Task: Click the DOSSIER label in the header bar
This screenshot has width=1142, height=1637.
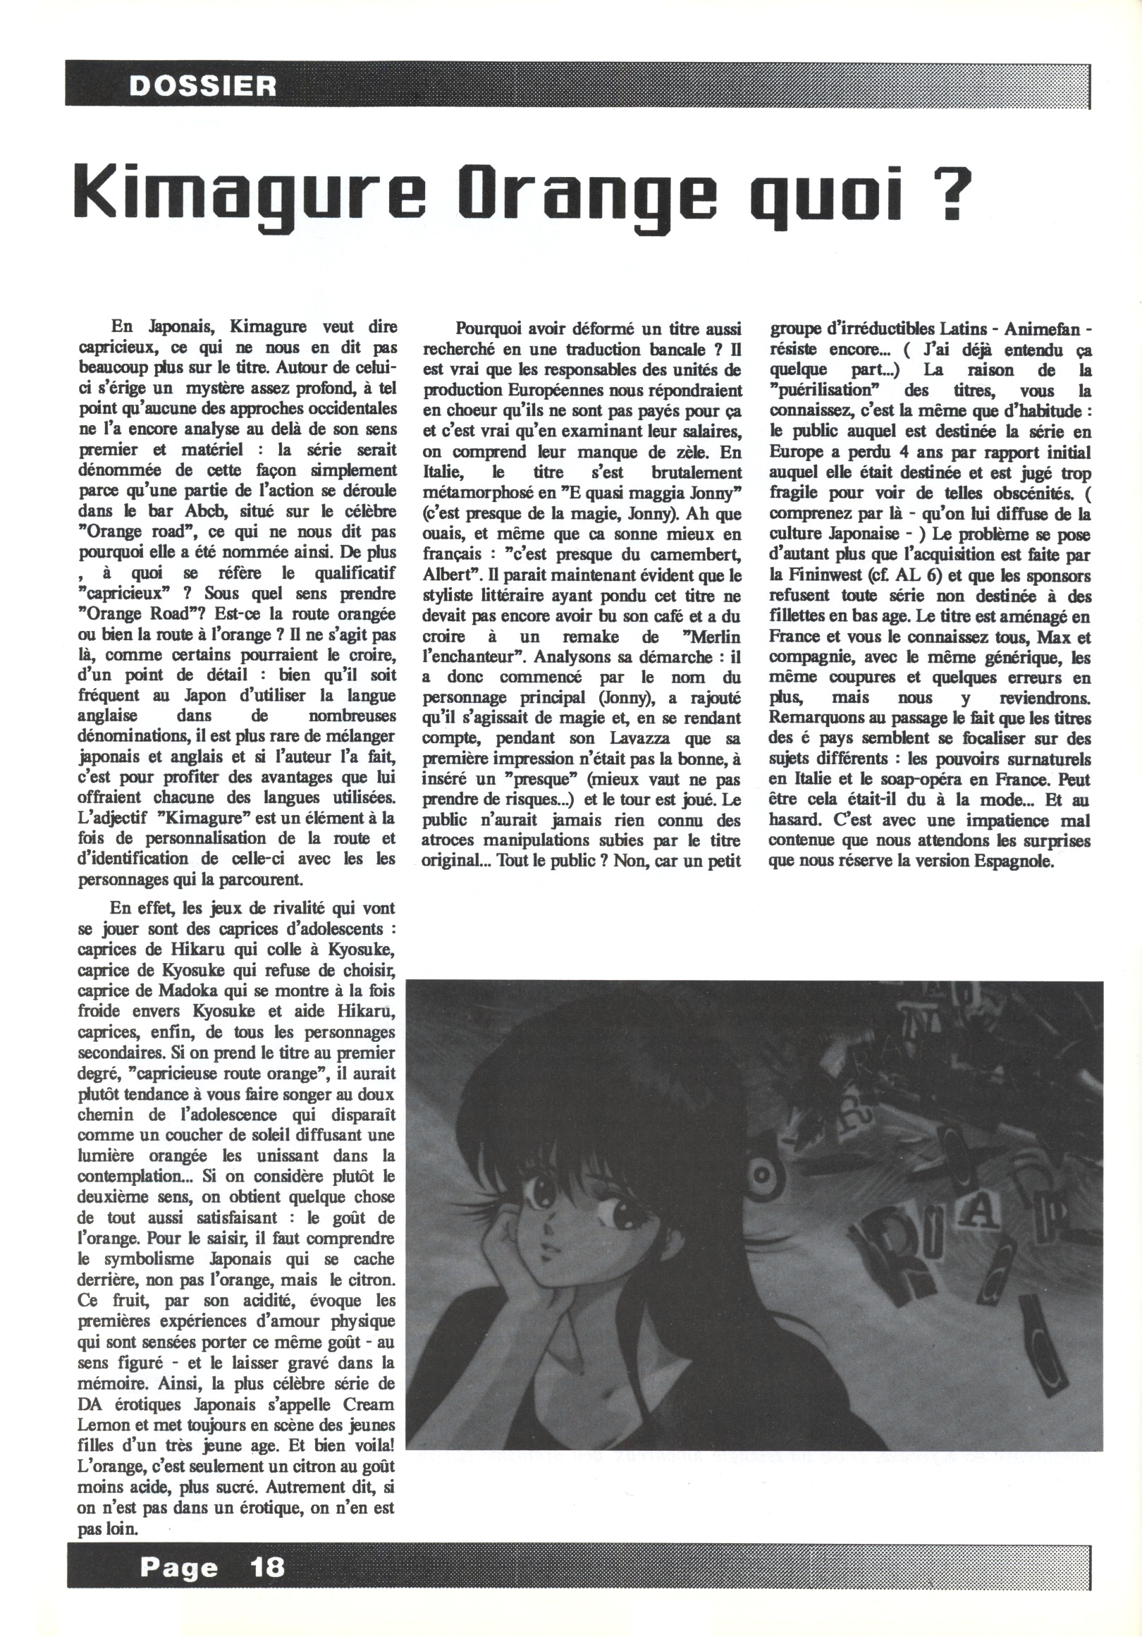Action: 202,86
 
